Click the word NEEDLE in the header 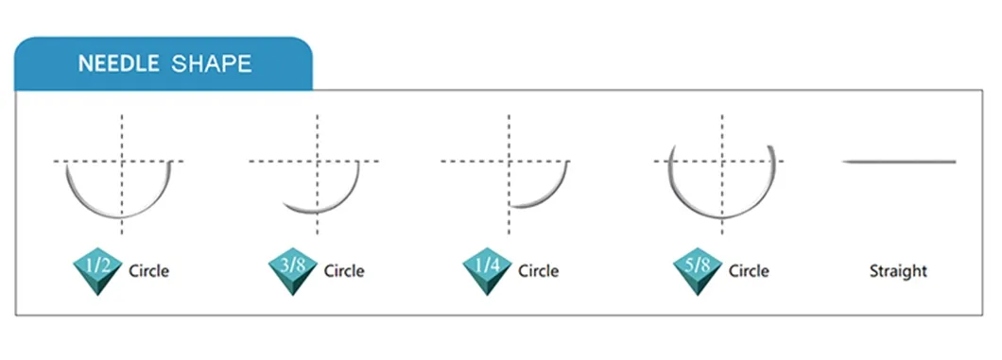(118, 64)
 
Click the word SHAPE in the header (212, 64)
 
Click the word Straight (898, 271)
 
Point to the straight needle (898, 162)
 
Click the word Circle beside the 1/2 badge (148, 271)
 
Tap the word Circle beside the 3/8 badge (344, 271)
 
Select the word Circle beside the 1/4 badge (538, 271)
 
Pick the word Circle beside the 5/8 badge (749, 271)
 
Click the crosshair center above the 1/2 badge (121, 162)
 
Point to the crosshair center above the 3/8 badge (318, 162)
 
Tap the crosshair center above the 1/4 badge (510, 162)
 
